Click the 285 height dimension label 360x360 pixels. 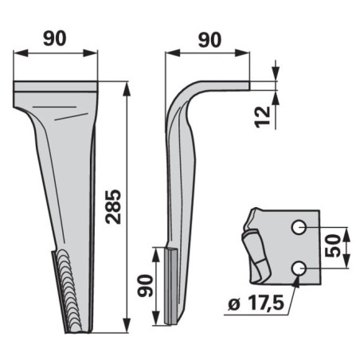pos(113,206)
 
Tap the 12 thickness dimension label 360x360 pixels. pos(263,117)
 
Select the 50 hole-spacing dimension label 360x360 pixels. pos(333,246)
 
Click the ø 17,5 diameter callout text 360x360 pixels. pos(256,303)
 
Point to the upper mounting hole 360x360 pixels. pos(299,228)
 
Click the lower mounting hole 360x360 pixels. pos(299,268)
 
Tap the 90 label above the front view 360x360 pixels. pos(54,38)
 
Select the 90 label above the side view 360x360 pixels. pos(209,40)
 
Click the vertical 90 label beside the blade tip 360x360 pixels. pos(146,286)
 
